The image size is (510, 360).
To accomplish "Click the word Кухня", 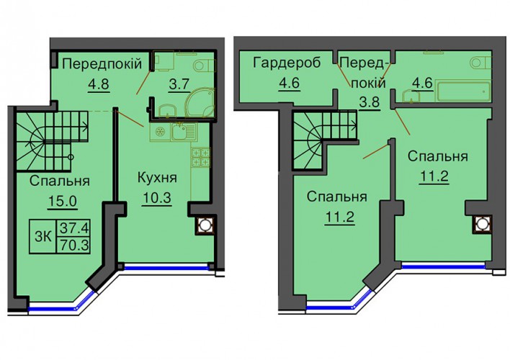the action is point(157,178).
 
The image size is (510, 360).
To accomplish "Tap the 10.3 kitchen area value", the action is point(156,198).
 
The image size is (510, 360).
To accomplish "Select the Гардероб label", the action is point(287,63).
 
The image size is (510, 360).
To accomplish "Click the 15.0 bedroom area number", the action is point(62,202).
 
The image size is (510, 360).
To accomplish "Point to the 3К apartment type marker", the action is point(43,236).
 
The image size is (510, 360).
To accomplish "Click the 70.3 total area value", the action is point(74,246).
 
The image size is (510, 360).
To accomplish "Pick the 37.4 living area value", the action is point(74,228).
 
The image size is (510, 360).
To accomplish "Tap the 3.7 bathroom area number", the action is point(179,84).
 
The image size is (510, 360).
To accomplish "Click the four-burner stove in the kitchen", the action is point(201,157).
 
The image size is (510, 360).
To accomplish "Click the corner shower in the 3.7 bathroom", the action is point(200,102).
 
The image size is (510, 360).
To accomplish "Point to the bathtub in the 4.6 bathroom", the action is point(463,91).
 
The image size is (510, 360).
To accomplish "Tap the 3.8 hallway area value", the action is point(370,102).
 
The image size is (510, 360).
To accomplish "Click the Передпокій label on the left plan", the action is point(102,64).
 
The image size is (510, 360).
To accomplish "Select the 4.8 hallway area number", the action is point(99,84).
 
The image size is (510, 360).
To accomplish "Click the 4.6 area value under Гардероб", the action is point(289,84).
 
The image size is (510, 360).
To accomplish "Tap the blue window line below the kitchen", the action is point(166,269).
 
